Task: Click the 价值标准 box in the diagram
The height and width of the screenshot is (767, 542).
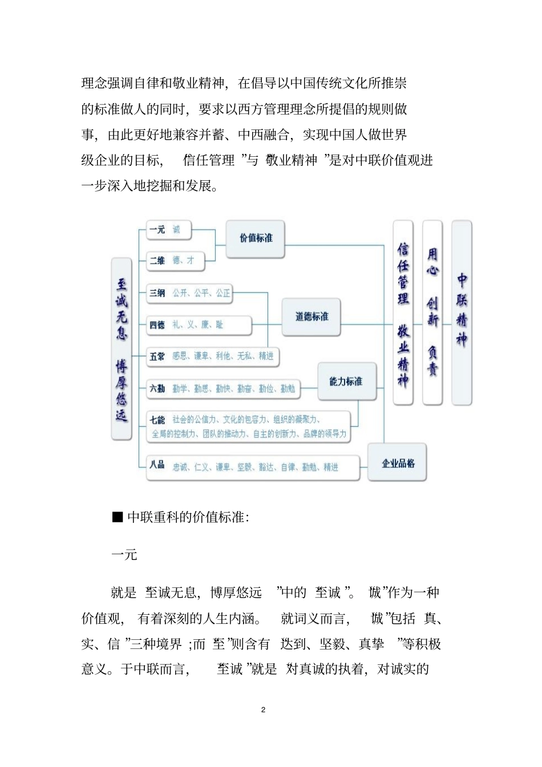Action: (x=255, y=238)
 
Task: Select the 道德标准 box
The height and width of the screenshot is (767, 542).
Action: (x=311, y=316)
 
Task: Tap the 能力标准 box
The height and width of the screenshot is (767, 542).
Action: (x=346, y=382)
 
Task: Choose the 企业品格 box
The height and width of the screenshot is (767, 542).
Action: (x=398, y=463)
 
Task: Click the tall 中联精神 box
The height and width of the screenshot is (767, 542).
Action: (x=462, y=313)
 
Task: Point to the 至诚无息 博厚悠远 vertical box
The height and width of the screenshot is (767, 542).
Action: (x=122, y=349)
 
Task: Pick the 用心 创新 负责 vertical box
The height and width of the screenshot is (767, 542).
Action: (x=432, y=313)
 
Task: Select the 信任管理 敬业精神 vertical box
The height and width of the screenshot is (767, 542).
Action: (x=403, y=313)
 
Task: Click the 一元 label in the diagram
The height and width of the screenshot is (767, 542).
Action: (x=157, y=230)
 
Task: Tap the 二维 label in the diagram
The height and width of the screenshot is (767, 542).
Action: (x=157, y=261)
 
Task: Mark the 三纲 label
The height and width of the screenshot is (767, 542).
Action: (x=157, y=293)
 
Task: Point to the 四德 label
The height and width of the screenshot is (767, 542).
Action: (x=157, y=325)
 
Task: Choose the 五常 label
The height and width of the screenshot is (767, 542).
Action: (x=157, y=356)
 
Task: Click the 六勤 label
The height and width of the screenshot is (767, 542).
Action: (x=157, y=389)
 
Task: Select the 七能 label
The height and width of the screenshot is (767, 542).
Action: (x=157, y=420)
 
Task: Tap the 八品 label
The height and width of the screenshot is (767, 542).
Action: (x=157, y=465)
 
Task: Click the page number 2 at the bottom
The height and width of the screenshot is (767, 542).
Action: (x=263, y=710)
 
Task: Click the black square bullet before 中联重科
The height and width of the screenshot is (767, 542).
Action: (x=118, y=517)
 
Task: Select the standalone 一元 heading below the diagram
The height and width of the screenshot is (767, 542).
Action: (x=124, y=554)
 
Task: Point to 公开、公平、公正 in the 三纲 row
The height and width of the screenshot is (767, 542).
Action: (x=201, y=293)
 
